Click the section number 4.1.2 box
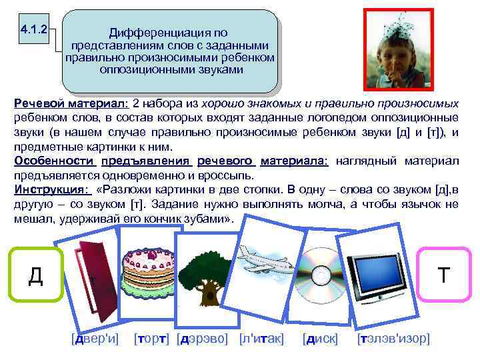pos(33,29)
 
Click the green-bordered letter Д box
pos(35,274)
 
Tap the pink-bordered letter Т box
pos(443,274)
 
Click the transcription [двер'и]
pos(95,339)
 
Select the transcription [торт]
pos(152,339)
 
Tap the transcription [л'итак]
pos(261,339)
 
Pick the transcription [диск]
pos(319,339)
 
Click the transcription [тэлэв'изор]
pos(393,339)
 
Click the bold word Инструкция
pos(41,188)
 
